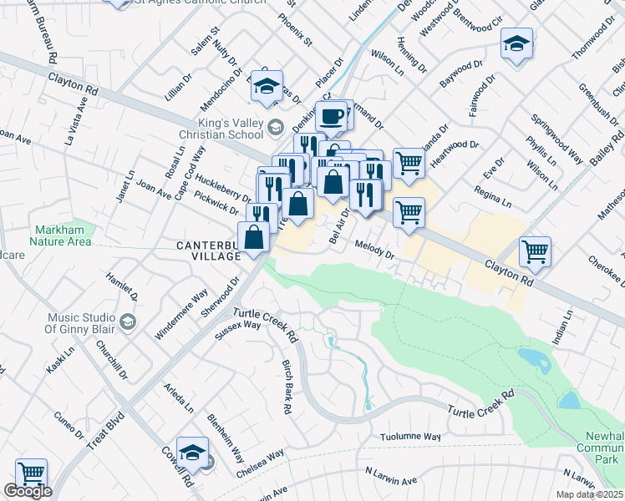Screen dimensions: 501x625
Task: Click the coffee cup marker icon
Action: [x=332, y=115]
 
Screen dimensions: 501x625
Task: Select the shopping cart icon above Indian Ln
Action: [x=534, y=250]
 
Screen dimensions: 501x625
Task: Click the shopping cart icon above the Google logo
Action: [x=31, y=473]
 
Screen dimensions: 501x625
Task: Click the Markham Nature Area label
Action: [x=64, y=235]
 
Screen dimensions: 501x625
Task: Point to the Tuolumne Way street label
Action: [x=410, y=437]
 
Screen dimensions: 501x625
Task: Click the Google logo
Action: [x=28, y=491]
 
